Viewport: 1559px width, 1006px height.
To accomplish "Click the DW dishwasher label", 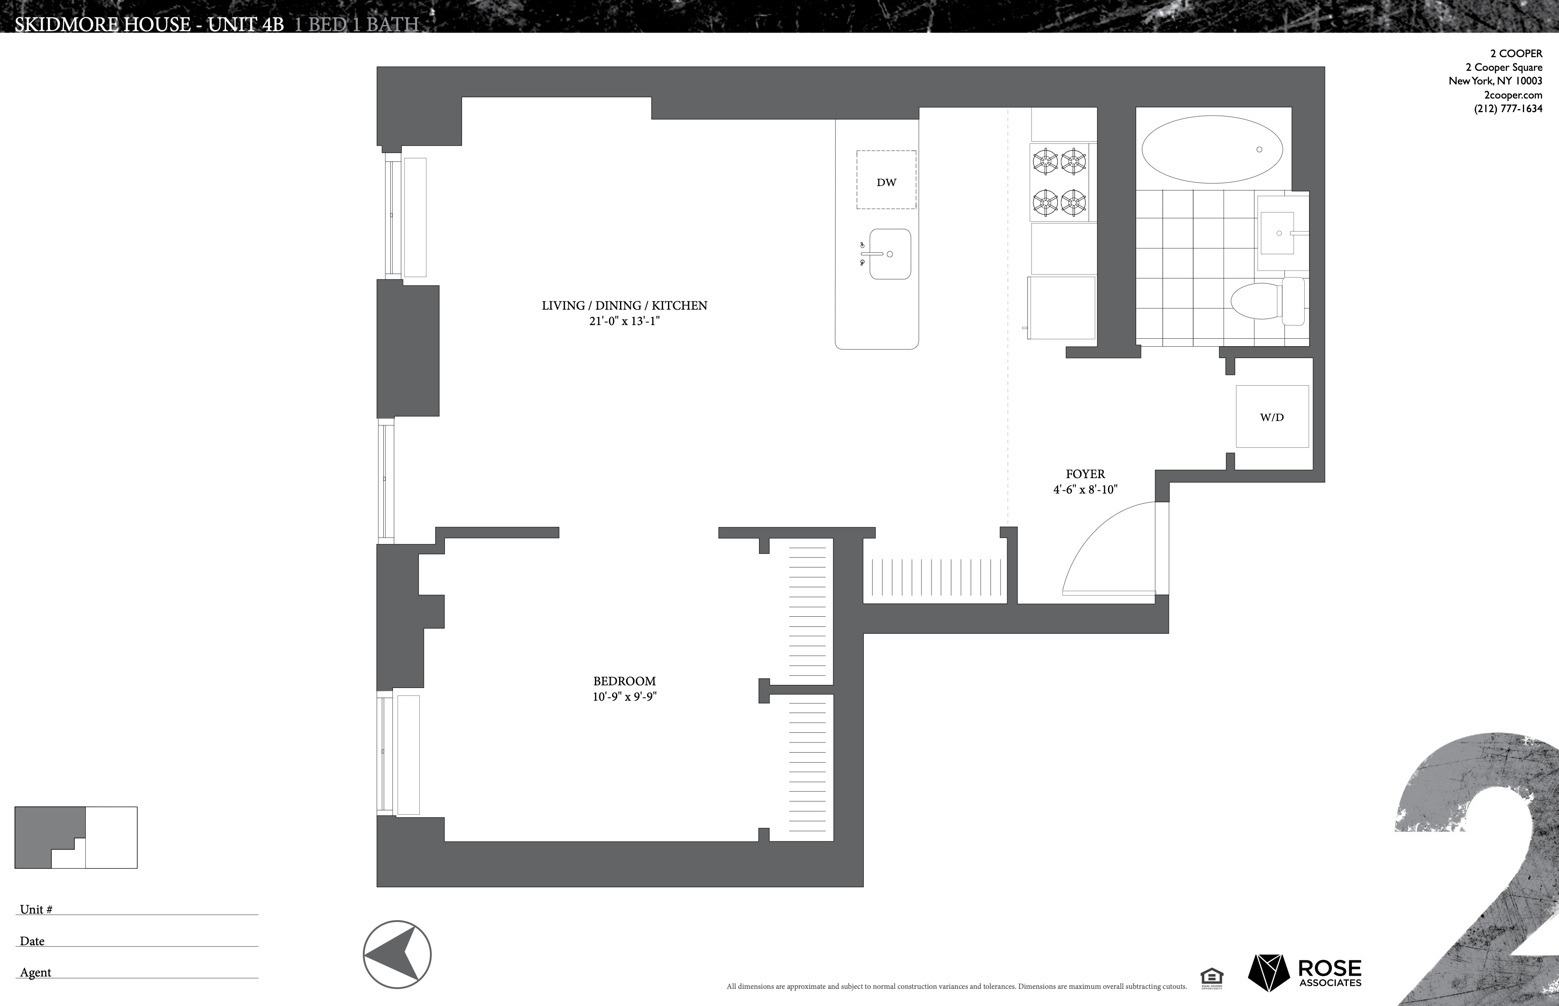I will (886, 182).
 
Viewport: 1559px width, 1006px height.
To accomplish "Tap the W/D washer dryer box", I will (1272, 417).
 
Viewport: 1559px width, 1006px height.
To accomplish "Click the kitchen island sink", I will (889, 254).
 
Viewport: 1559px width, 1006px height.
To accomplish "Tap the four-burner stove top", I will (1059, 182).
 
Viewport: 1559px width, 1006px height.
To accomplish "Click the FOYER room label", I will (1085, 474).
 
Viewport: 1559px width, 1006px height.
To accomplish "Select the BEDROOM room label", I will (624, 680).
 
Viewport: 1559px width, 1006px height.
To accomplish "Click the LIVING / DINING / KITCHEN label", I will (624, 305).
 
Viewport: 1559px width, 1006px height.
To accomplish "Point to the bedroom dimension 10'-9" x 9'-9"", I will (624, 697).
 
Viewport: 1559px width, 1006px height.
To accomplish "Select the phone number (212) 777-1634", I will (1508, 109).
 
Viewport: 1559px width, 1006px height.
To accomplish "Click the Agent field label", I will (35, 972).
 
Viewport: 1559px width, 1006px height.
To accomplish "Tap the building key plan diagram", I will (76, 838).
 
